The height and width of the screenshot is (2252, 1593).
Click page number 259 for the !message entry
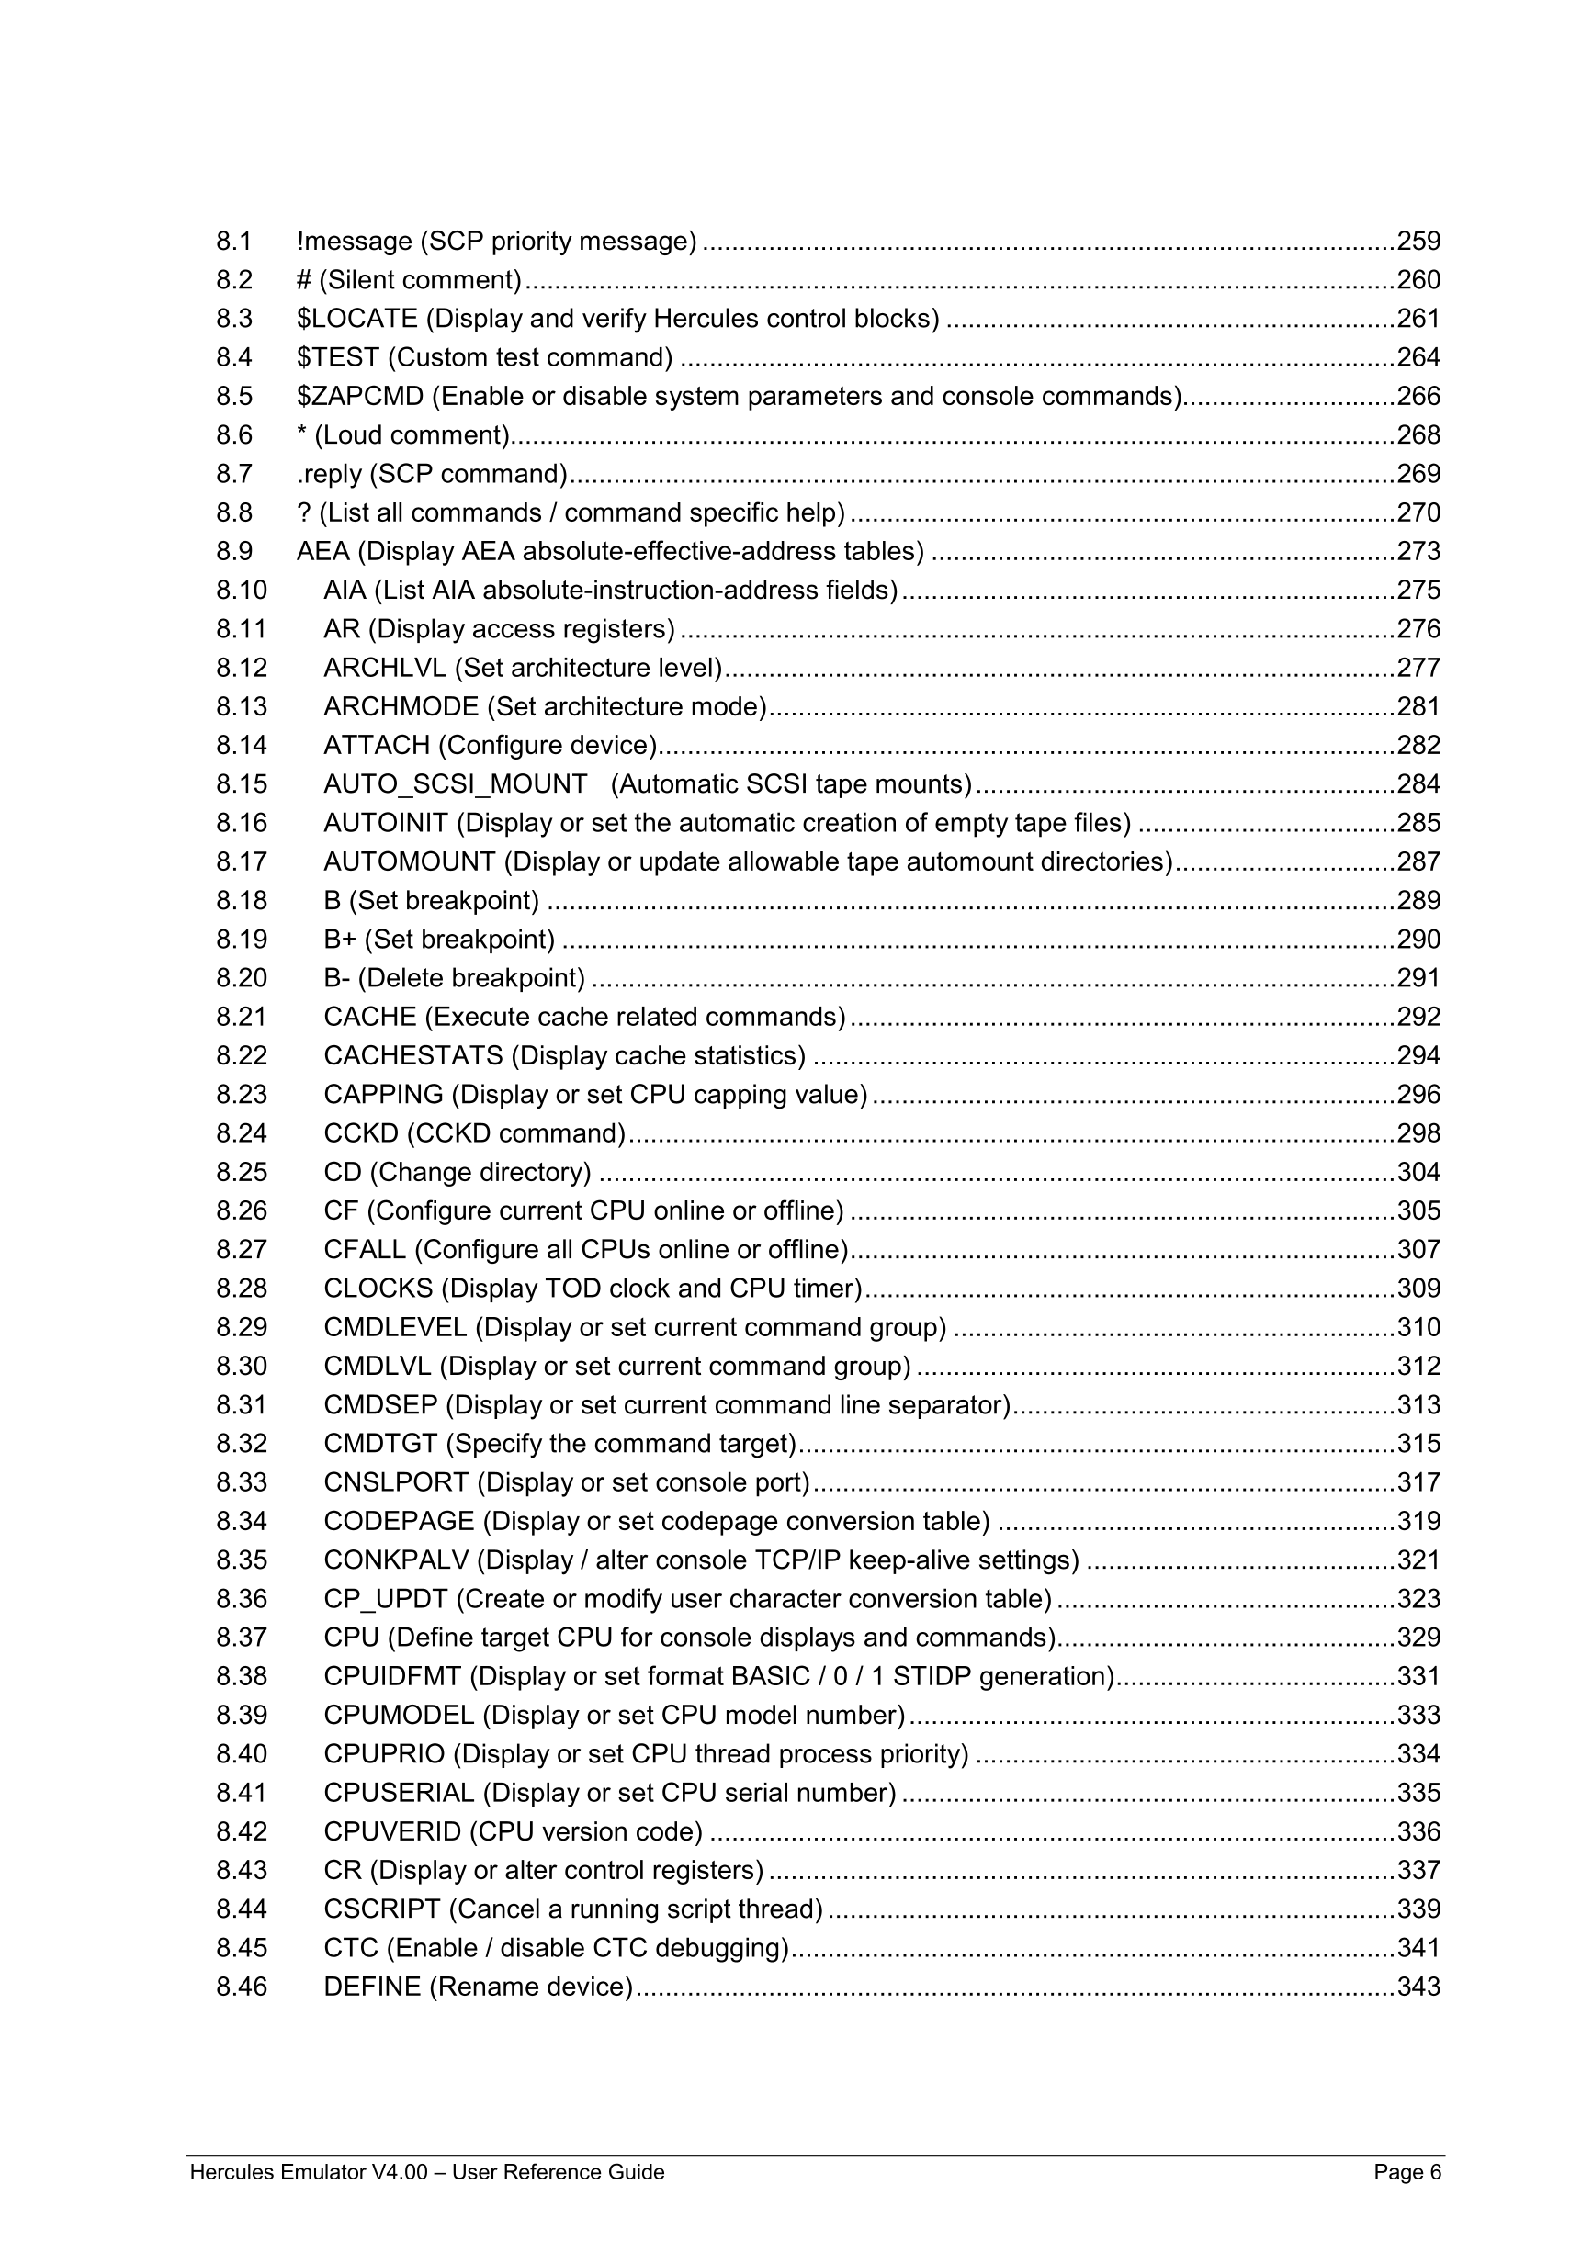tap(1418, 242)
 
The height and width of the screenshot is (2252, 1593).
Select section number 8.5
tap(234, 396)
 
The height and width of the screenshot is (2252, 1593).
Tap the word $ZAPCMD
tap(360, 396)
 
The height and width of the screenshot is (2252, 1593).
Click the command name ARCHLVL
tap(385, 668)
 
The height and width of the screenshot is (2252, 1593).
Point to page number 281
tap(1418, 707)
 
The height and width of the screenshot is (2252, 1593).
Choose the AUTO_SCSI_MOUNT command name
tap(455, 784)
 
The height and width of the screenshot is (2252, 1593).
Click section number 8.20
tap(242, 979)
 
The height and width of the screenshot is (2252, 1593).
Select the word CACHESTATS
tap(413, 1056)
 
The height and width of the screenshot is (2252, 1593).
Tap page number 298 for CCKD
tap(1418, 1134)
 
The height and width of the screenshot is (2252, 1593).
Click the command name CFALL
tap(365, 1251)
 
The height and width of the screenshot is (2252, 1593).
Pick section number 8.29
tap(242, 1328)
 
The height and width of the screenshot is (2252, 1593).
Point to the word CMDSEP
tap(380, 1405)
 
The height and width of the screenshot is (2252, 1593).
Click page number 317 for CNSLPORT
tap(1418, 1483)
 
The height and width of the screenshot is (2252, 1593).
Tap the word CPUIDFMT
tap(392, 1677)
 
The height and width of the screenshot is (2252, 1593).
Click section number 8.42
tap(242, 1832)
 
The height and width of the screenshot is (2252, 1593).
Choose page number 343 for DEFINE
tap(1418, 1987)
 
